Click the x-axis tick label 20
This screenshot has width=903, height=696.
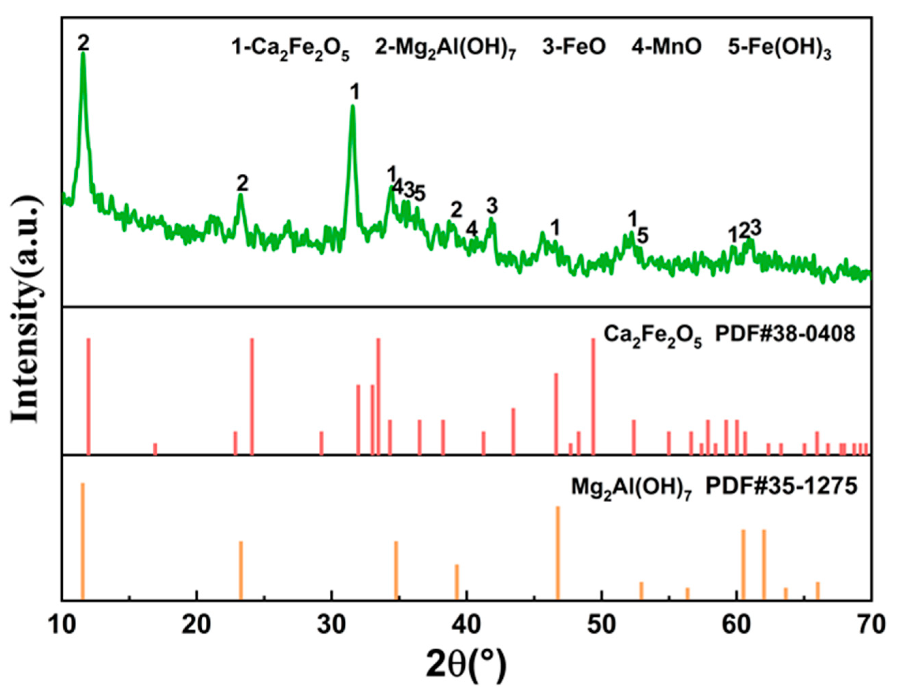pyautogui.click(x=197, y=625)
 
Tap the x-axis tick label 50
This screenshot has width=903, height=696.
pyautogui.click(x=602, y=625)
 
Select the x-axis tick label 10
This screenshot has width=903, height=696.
pyautogui.click(x=62, y=625)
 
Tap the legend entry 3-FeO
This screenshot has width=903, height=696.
pyautogui.click(x=574, y=47)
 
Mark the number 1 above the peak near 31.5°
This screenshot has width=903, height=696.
pyautogui.click(x=354, y=93)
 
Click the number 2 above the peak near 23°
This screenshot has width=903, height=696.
pyautogui.click(x=242, y=183)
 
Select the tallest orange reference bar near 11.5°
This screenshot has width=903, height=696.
pyautogui.click(x=83, y=541)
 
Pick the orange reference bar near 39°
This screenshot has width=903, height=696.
pyautogui.click(x=457, y=582)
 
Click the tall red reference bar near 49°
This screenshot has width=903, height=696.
pyautogui.click(x=593, y=396)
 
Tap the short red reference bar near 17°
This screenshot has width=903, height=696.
pyautogui.click(x=155, y=449)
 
